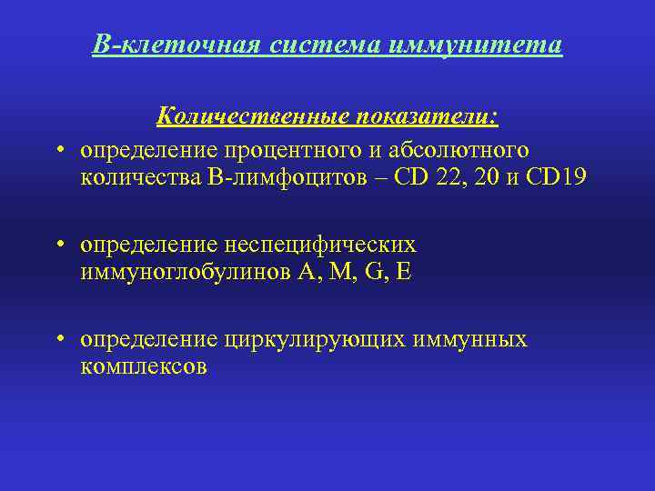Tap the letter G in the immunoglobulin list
[x=370, y=272]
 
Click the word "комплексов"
[x=144, y=367]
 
